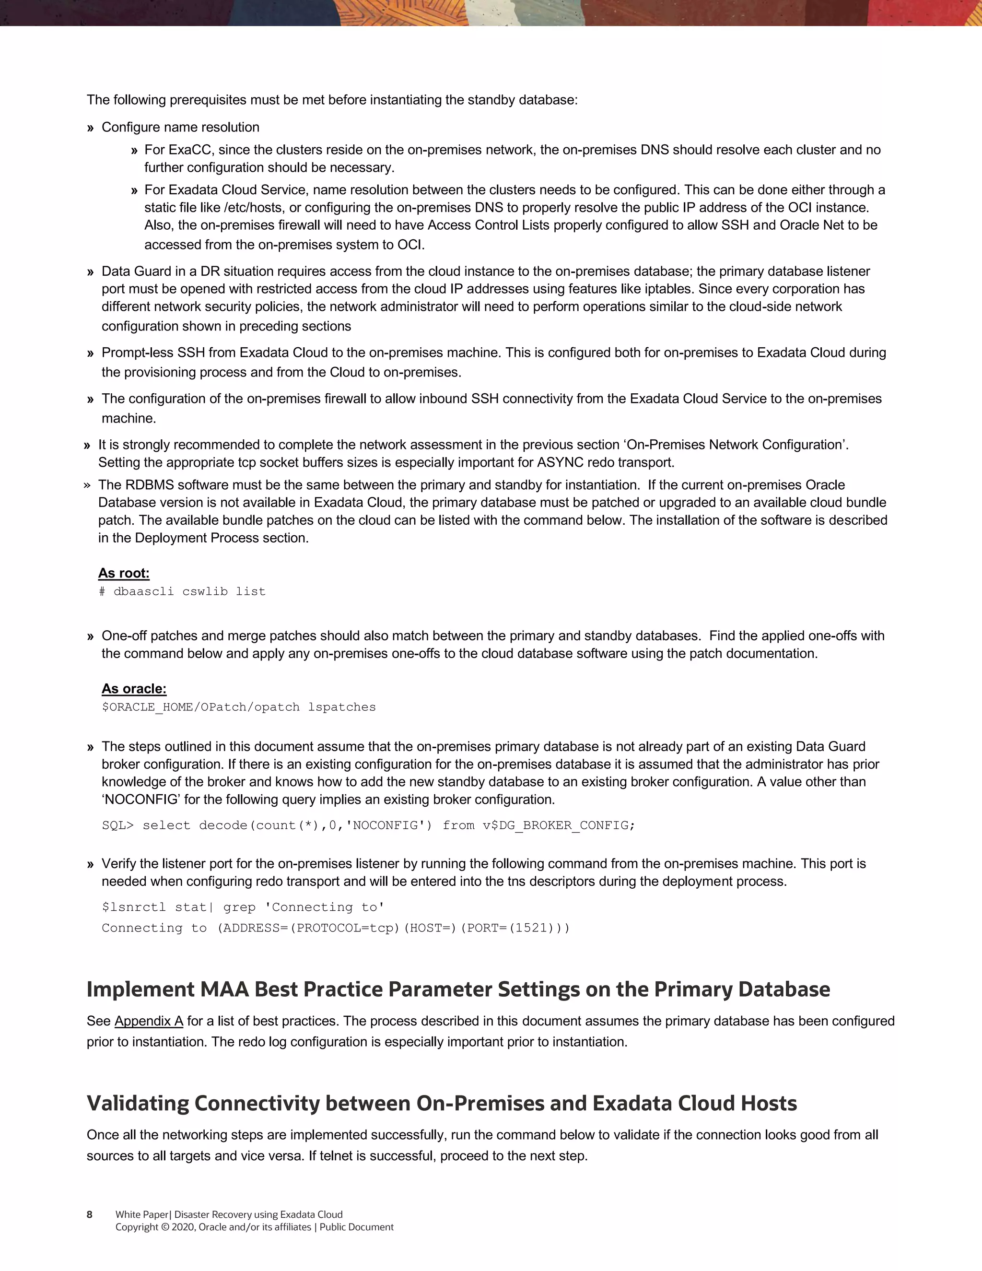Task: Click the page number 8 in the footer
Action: [90, 1214]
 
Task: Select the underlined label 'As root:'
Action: [123, 573]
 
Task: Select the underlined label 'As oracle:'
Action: [134, 689]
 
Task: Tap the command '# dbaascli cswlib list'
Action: [182, 592]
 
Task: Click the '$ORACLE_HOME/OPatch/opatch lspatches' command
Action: [238, 707]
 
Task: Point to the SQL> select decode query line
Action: [368, 825]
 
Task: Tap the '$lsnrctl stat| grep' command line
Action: [243, 907]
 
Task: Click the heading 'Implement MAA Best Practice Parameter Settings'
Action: [458, 989]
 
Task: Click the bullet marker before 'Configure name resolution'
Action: [90, 128]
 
